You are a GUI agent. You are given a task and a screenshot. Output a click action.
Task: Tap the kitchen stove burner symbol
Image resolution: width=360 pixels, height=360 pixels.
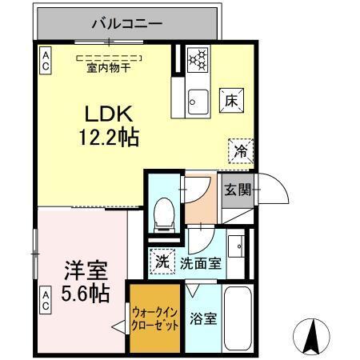(x=197, y=58)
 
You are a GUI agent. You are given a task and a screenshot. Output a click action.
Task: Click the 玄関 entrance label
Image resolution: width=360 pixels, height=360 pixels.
(x=235, y=190)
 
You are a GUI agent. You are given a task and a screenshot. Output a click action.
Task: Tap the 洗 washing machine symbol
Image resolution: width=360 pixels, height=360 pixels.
(x=162, y=262)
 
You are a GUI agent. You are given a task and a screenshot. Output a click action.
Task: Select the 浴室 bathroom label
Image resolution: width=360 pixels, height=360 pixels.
(x=202, y=318)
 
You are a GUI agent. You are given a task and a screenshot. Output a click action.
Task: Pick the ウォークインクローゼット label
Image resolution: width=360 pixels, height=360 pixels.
(x=155, y=318)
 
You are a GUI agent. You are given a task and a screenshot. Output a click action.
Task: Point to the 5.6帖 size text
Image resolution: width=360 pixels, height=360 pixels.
(x=86, y=294)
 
